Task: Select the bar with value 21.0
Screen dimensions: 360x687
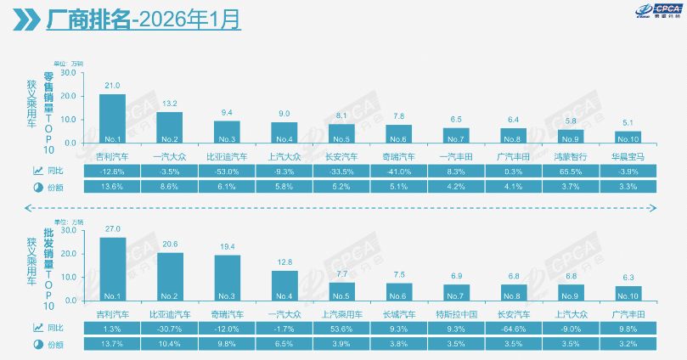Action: tap(113, 118)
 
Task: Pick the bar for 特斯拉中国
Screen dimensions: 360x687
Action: tap(457, 292)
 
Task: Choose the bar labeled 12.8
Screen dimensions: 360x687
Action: tap(284, 284)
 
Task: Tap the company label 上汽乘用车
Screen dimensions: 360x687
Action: tap(342, 312)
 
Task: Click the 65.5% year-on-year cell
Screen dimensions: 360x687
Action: tap(572, 171)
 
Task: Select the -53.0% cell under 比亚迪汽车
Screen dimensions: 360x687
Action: tap(228, 171)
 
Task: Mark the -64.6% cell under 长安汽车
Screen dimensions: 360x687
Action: tap(515, 328)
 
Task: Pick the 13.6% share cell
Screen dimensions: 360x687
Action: tap(113, 186)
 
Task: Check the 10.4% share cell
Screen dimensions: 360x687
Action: tap(170, 343)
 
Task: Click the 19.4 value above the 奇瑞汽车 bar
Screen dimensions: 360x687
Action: tap(227, 245)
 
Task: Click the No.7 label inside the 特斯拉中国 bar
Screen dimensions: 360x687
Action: tap(457, 296)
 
